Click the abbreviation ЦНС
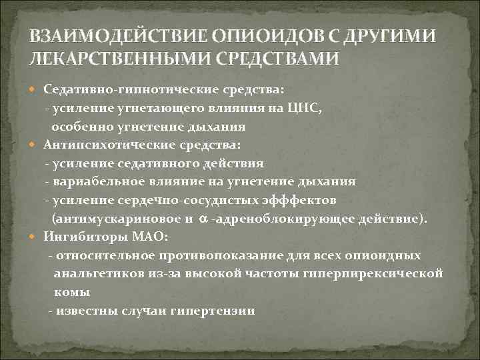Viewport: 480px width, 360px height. coord(323,108)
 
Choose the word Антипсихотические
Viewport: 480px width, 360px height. coord(98,145)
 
